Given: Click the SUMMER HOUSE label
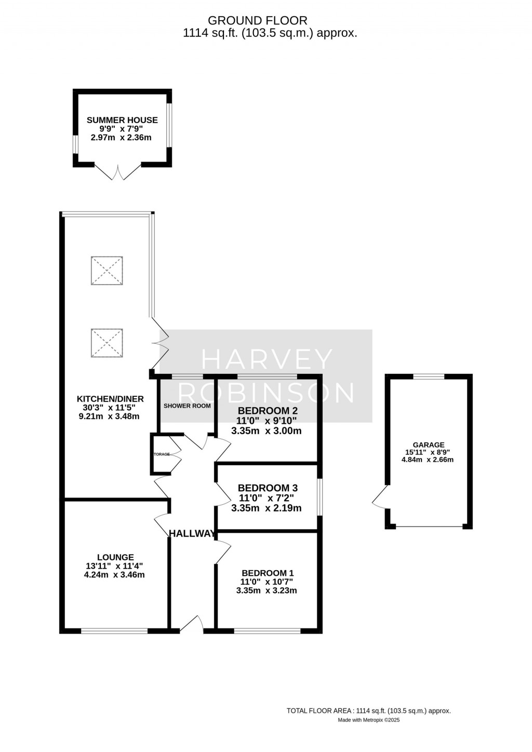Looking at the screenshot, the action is click(x=122, y=120).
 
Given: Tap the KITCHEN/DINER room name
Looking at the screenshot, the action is click(x=110, y=399).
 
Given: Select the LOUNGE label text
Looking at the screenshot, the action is click(x=115, y=558).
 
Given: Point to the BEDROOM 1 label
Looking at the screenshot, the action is click(x=268, y=573).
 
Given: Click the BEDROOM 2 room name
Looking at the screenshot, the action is click(x=268, y=411).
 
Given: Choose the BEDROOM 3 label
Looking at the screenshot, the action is click(x=268, y=488).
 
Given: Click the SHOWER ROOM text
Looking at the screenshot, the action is click(x=187, y=406).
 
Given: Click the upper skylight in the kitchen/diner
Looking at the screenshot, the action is click(x=107, y=271).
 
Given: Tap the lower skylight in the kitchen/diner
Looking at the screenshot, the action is click(x=107, y=343).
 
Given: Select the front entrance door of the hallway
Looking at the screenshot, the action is click(x=192, y=624).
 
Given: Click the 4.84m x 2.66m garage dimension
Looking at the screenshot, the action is click(x=428, y=460).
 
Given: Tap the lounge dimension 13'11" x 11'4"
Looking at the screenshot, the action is click(x=114, y=566).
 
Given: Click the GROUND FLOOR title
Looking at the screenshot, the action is click(x=258, y=21).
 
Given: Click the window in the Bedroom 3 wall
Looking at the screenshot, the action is click(x=320, y=497).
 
